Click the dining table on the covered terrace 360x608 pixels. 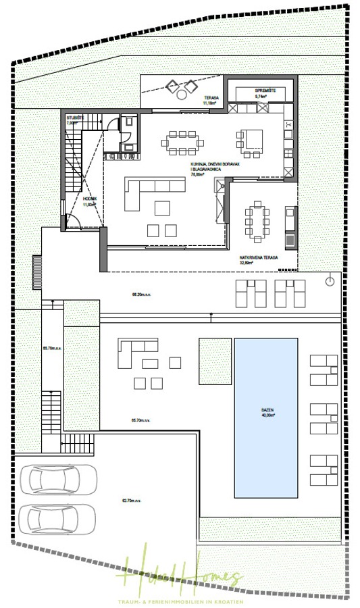256,221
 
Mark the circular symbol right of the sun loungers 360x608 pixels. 330,280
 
